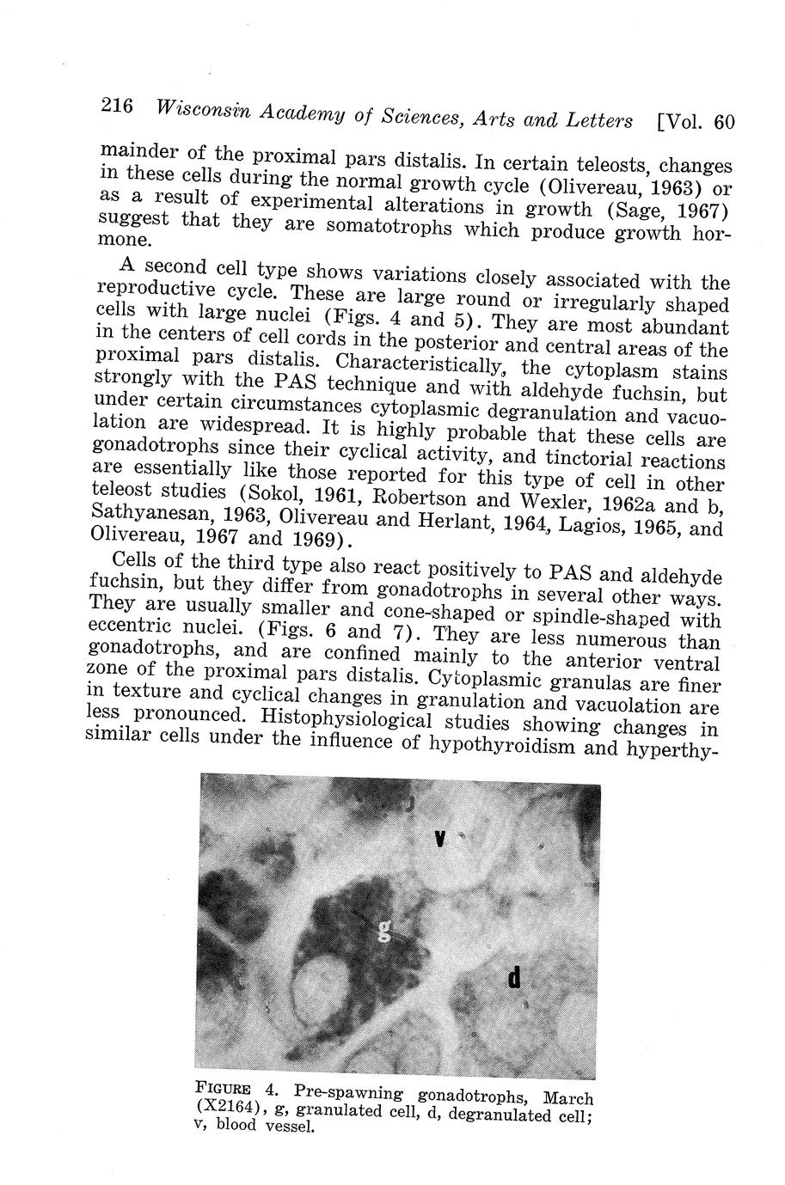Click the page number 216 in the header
pyautogui.click(x=116, y=107)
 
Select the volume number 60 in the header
pyautogui.click(x=725, y=122)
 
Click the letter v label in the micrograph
pyautogui.click(x=439, y=837)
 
